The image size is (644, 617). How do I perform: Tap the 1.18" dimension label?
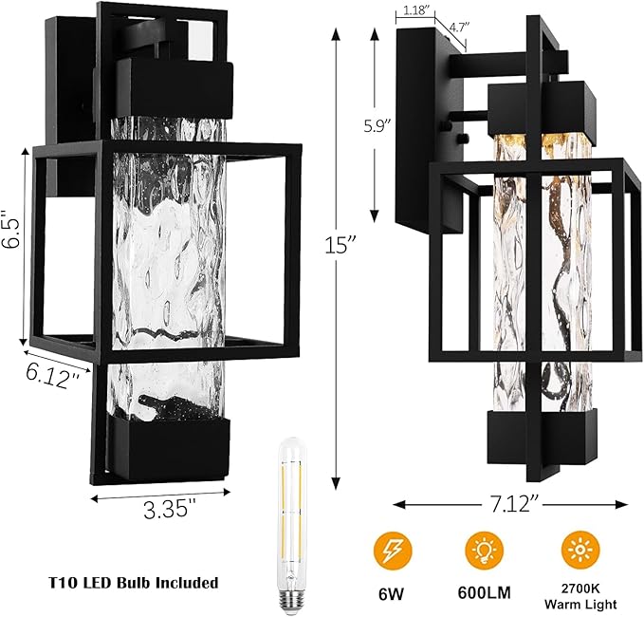point(414,10)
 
